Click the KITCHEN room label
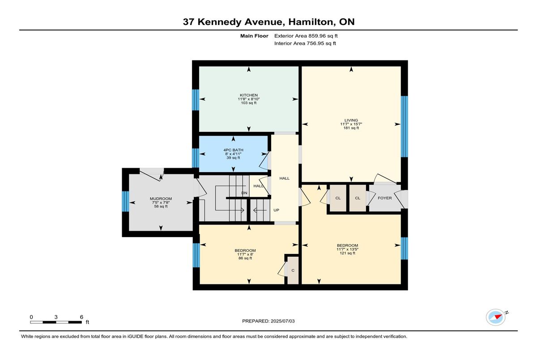click(x=249, y=95)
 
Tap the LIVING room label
click(x=351, y=120)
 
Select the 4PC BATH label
click(x=233, y=150)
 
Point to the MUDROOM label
click(x=161, y=199)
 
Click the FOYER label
click(x=384, y=198)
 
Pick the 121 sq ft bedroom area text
click(x=347, y=253)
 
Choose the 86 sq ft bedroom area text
click(x=245, y=258)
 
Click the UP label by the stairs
click(x=276, y=210)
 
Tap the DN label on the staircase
click(x=244, y=193)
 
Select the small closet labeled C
click(x=293, y=271)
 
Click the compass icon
click(x=495, y=317)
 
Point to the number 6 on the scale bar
click(x=81, y=317)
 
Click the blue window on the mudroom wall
click(x=125, y=201)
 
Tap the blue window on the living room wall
click(x=404, y=127)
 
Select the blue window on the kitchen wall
click(x=196, y=100)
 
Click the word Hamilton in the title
click(x=311, y=22)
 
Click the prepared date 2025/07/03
click(x=283, y=321)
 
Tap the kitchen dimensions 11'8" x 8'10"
click(x=249, y=99)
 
